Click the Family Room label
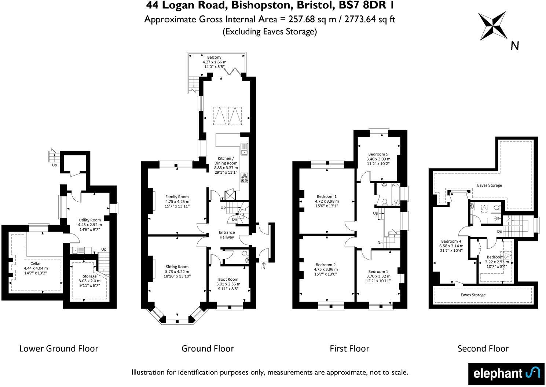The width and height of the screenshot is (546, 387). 177,197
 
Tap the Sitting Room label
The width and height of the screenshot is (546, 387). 177,267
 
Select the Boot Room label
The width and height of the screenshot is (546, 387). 228,279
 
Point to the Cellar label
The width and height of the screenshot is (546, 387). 36,263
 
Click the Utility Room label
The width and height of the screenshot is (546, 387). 90,220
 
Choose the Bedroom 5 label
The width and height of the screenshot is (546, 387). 378,154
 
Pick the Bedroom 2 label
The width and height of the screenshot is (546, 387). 326,265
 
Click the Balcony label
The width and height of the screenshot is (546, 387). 214,57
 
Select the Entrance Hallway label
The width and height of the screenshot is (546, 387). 227,235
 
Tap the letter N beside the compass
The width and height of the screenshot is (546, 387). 514,46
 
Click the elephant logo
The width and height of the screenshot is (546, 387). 506,373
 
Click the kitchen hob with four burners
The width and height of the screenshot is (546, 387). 244,178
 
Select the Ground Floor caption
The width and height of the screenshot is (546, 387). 208,349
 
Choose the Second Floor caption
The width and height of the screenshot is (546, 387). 483,349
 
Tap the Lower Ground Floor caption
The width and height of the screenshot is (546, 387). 59,349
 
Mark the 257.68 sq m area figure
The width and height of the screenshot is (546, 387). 312,19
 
